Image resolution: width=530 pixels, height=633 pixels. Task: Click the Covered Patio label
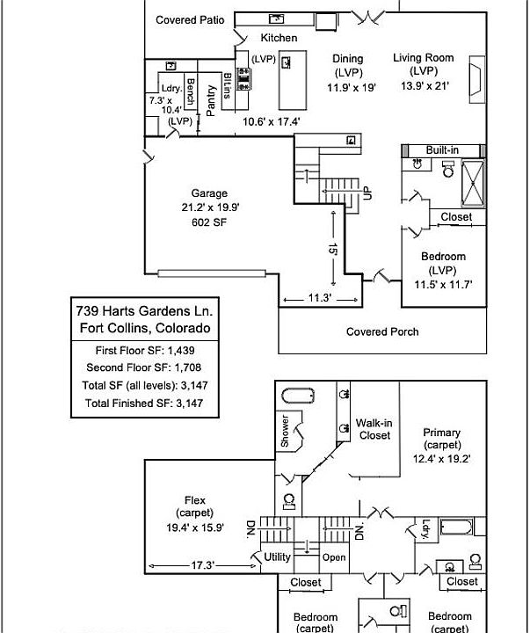click(x=190, y=19)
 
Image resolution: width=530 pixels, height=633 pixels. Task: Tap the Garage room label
click(x=209, y=193)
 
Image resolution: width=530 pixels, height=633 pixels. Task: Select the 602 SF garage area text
click(x=209, y=223)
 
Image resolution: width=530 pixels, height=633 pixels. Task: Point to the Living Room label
click(x=424, y=58)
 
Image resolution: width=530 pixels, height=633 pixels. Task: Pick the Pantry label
click(x=212, y=99)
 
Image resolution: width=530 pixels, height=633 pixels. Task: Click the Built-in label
click(x=443, y=150)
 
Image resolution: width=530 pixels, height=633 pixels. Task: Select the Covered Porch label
click(x=381, y=332)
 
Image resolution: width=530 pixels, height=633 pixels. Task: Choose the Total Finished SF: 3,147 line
click(x=140, y=403)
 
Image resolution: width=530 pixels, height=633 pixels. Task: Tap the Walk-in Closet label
click(x=374, y=429)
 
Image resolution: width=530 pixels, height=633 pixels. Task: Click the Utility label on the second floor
click(x=277, y=557)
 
